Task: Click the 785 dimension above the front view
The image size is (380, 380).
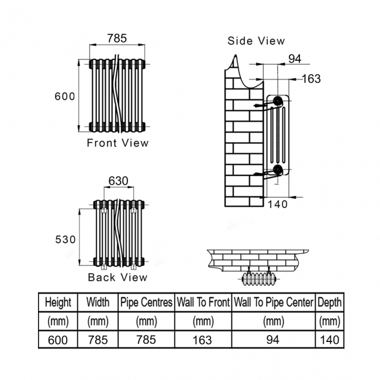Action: (x=117, y=38)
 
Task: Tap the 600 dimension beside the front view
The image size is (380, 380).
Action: (x=65, y=96)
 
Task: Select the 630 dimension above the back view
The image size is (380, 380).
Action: (x=118, y=181)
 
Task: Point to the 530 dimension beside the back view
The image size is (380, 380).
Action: (x=65, y=240)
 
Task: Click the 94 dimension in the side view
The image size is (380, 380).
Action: (x=295, y=59)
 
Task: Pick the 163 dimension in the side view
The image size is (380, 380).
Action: (x=312, y=79)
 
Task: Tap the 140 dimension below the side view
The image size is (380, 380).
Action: (x=278, y=204)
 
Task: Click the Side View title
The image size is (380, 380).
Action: (x=256, y=41)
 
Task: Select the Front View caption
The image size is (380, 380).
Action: (x=118, y=143)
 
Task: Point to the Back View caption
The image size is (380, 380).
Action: (x=118, y=277)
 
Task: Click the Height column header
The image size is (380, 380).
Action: (x=58, y=302)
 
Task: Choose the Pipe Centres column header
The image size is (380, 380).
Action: (x=146, y=302)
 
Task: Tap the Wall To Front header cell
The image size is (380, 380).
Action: (x=203, y=302)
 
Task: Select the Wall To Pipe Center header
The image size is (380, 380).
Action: (x=274, y=302)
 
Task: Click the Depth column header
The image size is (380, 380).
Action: (x=330, y=302)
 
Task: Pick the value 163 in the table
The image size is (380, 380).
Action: (x=202, y=340)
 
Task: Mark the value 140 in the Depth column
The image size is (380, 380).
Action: (x=330, y=340)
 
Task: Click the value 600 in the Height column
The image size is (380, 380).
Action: (x=58, y=340)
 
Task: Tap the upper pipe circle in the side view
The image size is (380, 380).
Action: (x=278, y=101)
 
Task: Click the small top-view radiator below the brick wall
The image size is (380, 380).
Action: (x=258, y=279)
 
